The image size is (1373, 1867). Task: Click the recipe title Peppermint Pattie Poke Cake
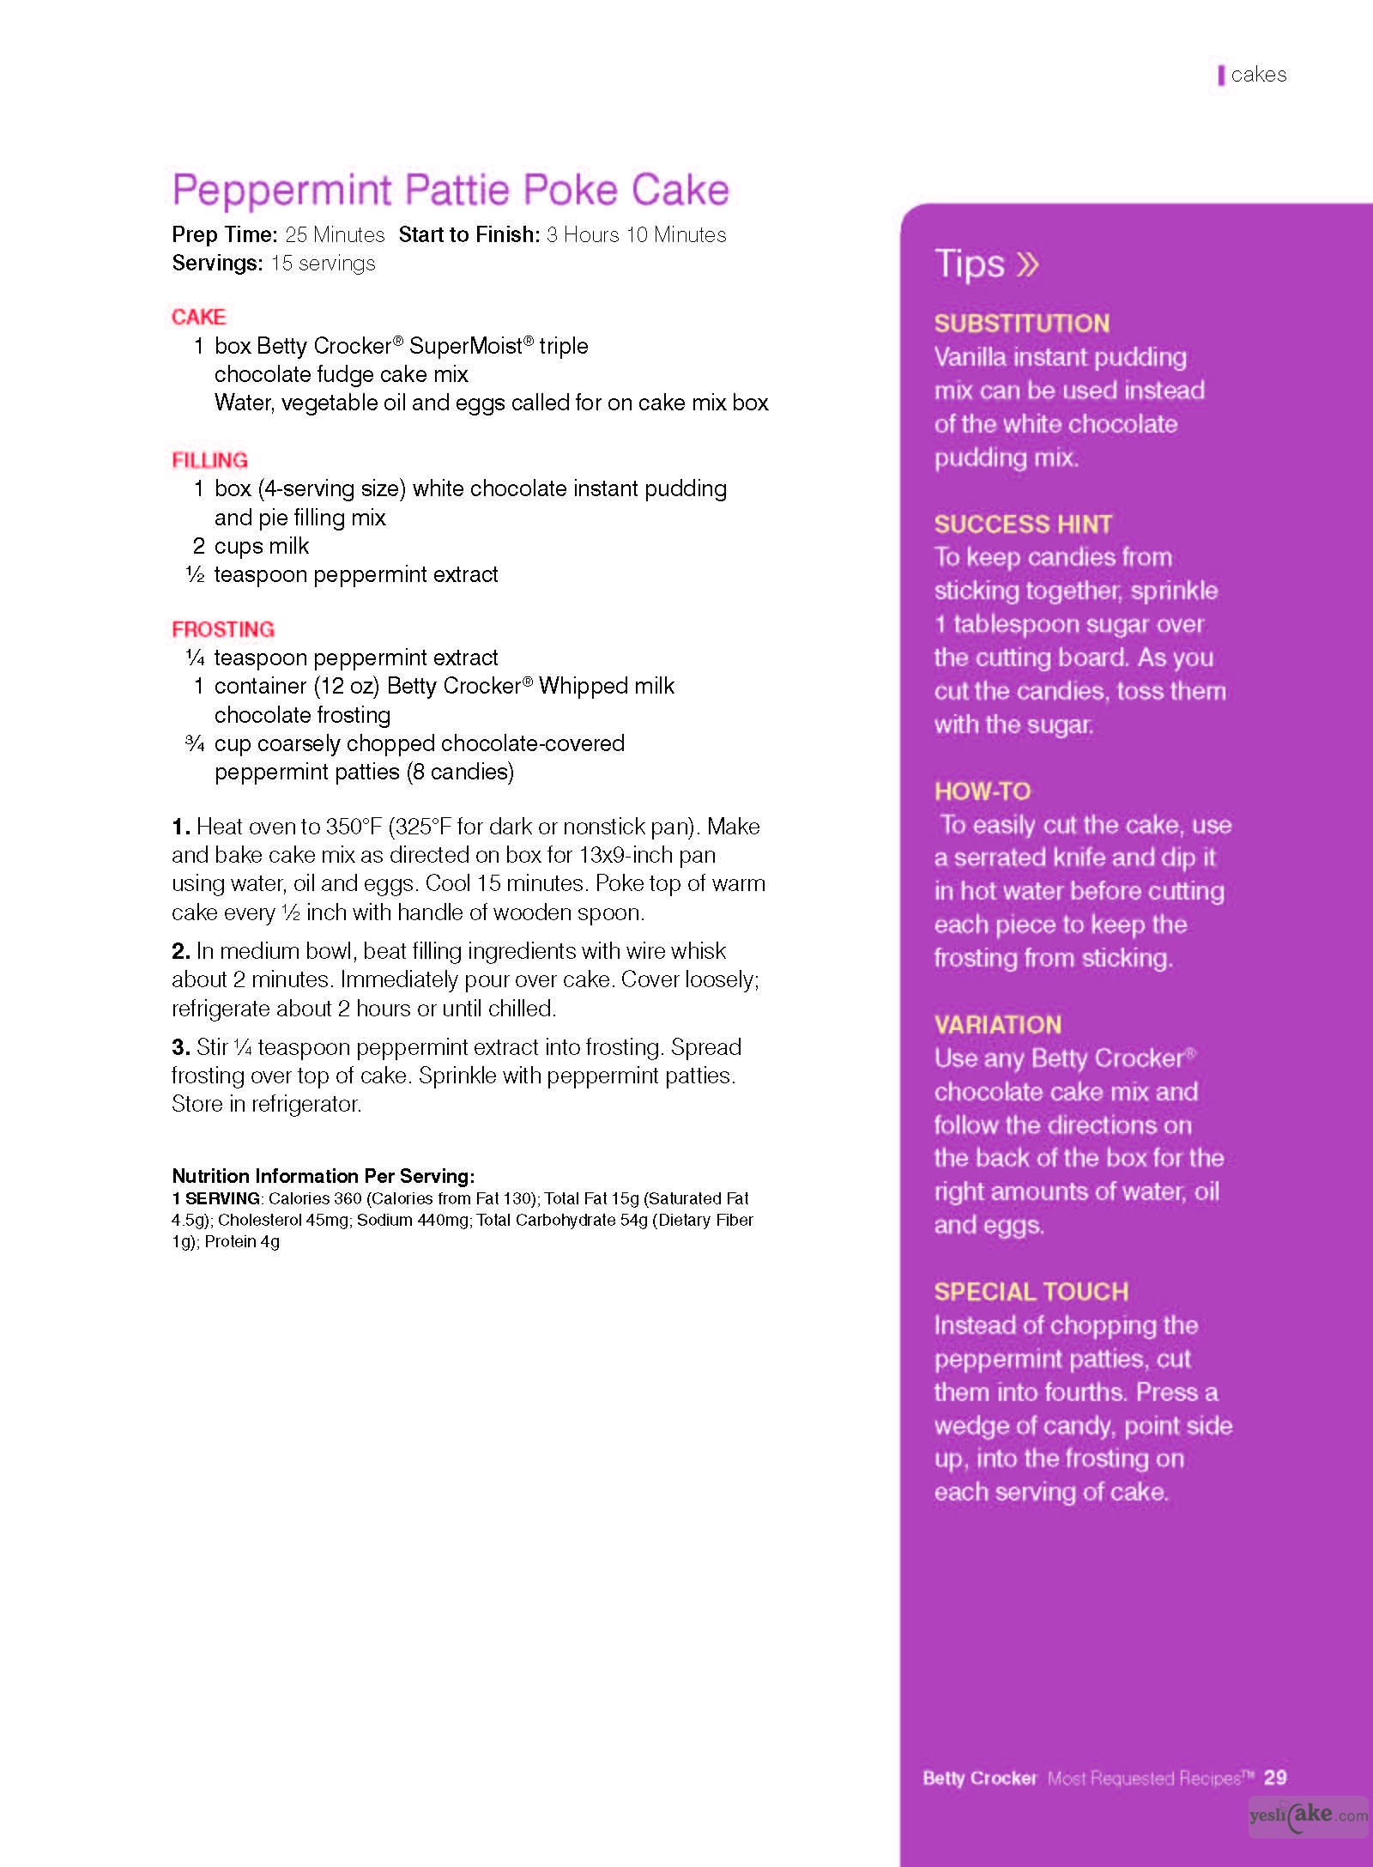(450, 190)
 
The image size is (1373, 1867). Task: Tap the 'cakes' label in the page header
(1258, 75)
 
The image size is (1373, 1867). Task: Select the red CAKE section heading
(198, 317)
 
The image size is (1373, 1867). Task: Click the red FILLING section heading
(209, 460)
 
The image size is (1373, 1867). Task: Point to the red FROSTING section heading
(223, 629)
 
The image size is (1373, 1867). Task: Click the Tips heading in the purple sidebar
(969, 263)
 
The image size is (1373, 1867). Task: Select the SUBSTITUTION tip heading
(1021, 323)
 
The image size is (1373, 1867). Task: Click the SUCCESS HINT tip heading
(1023, 524)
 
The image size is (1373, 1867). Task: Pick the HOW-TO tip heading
(982, 791)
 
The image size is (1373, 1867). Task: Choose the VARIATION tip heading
(997, 1024)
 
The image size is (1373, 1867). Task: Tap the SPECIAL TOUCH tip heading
(1031, 1291)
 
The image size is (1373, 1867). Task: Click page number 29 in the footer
(1275, 1777)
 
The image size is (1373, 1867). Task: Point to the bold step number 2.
(180, 951)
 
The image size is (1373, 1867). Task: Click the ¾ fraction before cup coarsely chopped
(195, 743)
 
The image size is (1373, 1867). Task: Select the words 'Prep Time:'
(224, 234)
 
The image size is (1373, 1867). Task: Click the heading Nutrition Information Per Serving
(323, 1175)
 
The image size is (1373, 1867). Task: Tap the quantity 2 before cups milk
(198, 546)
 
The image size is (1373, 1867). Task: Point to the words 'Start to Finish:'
(469, 234)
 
